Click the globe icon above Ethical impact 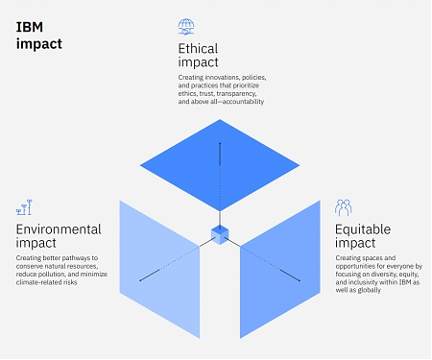[x=186, y=26]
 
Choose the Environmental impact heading [x=58, y=236]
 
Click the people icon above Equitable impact [x=343, y=207]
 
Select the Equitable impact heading [x=363, y=236]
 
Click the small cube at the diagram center [x=220, y=233]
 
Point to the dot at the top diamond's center [x=220, y=144]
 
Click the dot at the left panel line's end [x=140, y=280]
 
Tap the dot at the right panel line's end [x=299, y=280]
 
